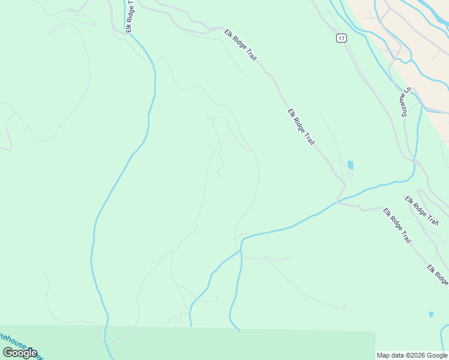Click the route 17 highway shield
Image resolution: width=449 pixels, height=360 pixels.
(341, 38)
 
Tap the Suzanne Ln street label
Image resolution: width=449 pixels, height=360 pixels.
(405, 102)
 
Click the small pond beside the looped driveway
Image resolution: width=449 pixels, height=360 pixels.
(350, 164)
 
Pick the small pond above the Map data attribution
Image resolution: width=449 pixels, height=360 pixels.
(431, 314)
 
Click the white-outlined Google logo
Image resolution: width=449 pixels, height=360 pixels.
(20, 353)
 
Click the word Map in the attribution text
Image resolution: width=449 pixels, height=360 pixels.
(383, 355)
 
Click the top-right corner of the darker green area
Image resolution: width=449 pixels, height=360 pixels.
(375, 332)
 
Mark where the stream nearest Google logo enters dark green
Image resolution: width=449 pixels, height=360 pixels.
(106, 327)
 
